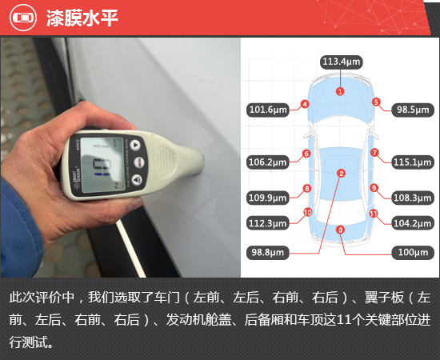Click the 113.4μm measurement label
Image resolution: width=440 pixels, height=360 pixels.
click(x=342, y=62)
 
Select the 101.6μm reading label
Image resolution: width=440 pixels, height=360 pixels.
click(x=268, y=110)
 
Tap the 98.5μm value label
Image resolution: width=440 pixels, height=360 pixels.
click(x=413, y=110)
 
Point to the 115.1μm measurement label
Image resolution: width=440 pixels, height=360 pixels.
click(x=413, y=162)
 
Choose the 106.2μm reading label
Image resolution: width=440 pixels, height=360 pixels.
click(x=268, y=162)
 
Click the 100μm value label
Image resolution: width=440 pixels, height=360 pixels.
click(x=413, y=253)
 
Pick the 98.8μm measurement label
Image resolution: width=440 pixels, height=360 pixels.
click(x=268, y=253)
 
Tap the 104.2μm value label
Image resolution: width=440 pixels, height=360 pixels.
click(x=413, y=223)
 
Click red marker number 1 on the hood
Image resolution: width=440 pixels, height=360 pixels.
click(x=340, y=91)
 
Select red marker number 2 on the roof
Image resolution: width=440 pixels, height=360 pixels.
click(x=342, y=174)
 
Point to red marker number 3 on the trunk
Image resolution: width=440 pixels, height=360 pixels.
click(x=340, y=230)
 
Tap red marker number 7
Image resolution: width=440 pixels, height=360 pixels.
click(x=374, y=153)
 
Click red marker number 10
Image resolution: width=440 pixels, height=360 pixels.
click(x=307, y=213)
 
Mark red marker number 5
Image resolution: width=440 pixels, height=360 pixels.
click(x=376, y=102)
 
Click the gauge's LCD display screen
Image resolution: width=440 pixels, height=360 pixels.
click(x=102, y=165)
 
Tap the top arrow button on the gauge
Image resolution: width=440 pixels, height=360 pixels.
click(x=135, y=146)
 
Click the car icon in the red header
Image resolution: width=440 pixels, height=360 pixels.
click(x=23, y=18)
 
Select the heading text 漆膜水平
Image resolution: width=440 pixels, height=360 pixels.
click(x=82, y=18)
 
